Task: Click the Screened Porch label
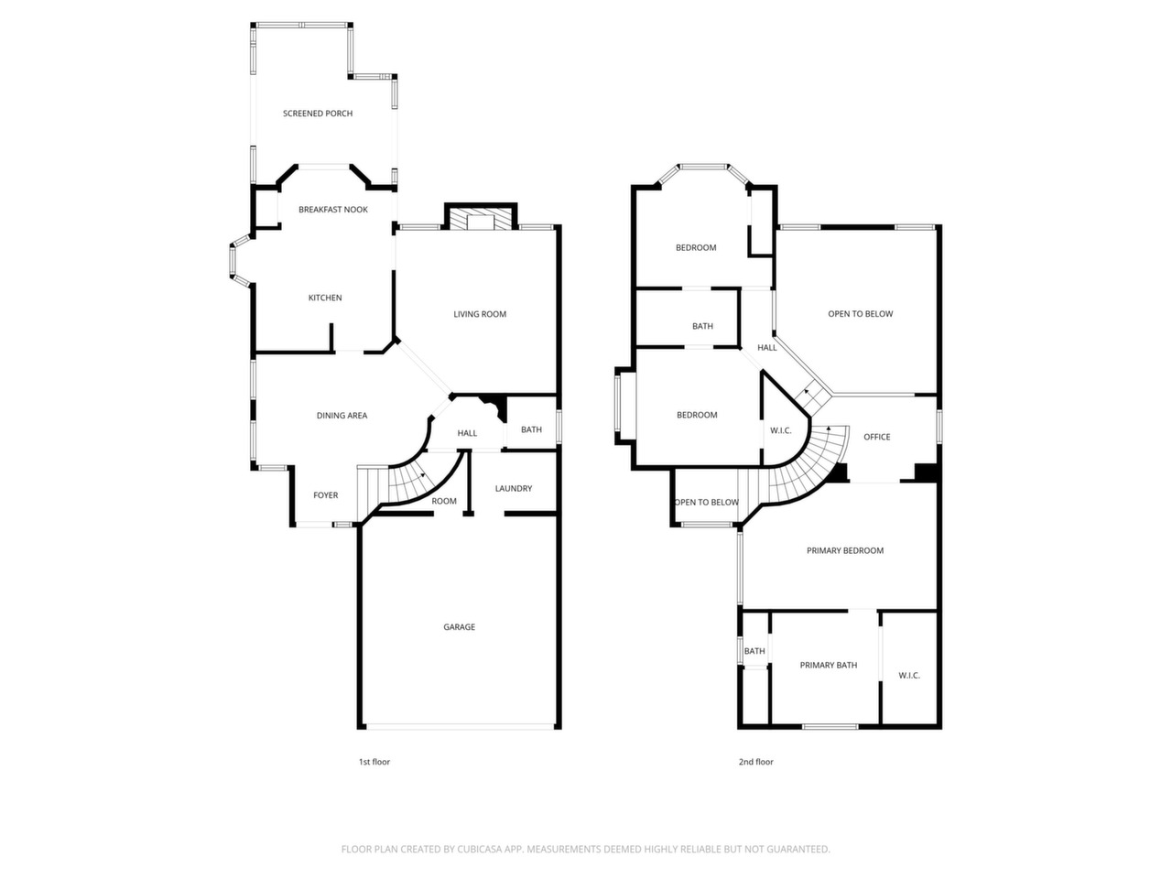318,114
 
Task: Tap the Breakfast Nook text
333,209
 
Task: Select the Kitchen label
325,298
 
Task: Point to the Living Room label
480,314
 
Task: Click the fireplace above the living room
481,219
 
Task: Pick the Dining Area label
342,415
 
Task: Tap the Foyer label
326,494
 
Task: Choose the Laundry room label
514,488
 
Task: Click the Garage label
460,626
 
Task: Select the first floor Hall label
467,433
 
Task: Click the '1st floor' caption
374,762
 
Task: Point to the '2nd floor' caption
756,762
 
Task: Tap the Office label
877,437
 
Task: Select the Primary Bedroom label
845,550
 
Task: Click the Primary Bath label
829,665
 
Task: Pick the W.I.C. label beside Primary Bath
909,675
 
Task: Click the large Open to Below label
860,313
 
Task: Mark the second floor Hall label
767,347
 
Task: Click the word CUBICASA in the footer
480,849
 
